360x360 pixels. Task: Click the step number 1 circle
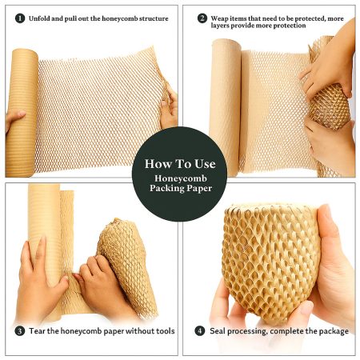[20, 18]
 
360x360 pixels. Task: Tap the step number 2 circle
[202, 18]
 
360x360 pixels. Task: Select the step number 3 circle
[20, 331]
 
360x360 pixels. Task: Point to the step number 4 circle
[200, 331]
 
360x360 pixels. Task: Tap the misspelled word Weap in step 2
[219, 19]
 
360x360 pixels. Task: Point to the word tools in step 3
[166, 331]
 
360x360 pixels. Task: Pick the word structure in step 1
[154, 18]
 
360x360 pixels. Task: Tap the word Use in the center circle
[205, 164]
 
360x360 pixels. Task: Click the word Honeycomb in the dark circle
[181, 178]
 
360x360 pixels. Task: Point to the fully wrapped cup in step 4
[271, 262]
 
